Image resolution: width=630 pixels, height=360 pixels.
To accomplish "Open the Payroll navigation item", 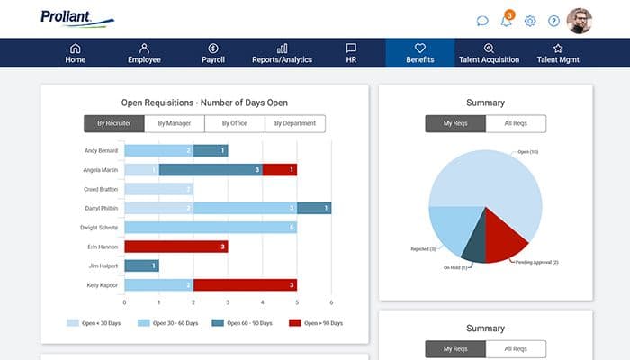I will [213, 53].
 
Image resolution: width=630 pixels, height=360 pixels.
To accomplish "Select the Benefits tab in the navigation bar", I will [419, 53].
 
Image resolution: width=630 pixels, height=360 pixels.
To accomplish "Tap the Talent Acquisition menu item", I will [489, 53].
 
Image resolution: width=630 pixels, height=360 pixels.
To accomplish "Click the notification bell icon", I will [507, 21].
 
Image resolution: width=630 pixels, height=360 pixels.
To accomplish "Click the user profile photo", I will [580, 21].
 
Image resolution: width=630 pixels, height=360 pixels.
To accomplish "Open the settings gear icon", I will [530, 21].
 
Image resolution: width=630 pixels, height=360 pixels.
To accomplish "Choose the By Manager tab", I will [175, 124].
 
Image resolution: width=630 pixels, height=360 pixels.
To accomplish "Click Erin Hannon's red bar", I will [175, 247].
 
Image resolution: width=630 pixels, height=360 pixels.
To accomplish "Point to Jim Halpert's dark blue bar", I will [141, 265].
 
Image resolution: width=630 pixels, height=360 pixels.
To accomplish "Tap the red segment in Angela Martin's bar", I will [279, 169].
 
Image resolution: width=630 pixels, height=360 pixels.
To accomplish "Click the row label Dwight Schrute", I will [102, 228].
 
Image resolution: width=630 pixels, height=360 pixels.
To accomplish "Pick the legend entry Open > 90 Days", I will [316, 322].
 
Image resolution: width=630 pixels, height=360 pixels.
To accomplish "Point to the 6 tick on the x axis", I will [331, 302].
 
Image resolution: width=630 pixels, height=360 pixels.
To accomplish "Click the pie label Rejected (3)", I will [423, 248].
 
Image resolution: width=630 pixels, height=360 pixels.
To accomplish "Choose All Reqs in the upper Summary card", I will [515, 124].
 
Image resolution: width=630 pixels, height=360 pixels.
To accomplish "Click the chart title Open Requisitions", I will [204, 103].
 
